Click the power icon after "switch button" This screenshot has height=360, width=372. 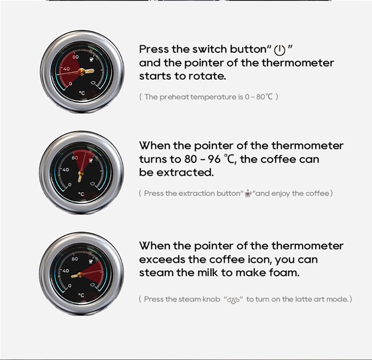[x=280, y=50]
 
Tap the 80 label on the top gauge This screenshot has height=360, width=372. [x=76, y=57]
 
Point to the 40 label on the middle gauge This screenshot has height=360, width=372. [x=66, y=170]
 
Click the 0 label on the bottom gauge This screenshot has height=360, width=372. [x=69, y=286]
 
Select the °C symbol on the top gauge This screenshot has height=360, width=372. [x=82, y=93]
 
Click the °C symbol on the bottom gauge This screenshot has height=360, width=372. [x=81, y=295]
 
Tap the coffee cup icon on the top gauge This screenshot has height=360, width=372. [x=91, y=59]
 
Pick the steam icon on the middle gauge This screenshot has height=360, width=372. [x=93, y=184]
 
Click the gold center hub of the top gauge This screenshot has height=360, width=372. [x=82, y=72]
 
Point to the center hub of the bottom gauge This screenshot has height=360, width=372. [x=80, y=275]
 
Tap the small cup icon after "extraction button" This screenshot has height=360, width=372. [x=248, y=193]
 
